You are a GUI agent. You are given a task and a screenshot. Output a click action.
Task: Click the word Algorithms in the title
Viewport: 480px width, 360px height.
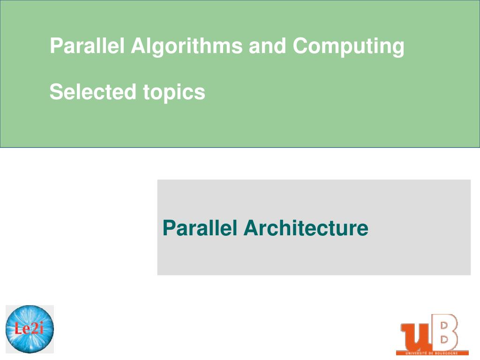click(x=187, y=46)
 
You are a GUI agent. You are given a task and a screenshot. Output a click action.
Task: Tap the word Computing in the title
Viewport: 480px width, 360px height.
click(x=348, y=46)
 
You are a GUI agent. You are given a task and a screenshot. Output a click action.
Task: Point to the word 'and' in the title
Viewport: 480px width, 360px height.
click(x=268, y=46)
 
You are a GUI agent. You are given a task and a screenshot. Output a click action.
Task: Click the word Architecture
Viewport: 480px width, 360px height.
click(x=306, y=228)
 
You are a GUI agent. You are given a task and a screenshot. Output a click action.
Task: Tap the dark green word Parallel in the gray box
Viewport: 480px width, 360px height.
click(x=200, y=228)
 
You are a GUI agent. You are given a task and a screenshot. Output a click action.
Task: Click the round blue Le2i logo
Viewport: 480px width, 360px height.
click(x=30, y=329)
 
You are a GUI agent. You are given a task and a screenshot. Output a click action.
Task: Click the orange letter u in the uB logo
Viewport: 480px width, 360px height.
click(x=415, y=336)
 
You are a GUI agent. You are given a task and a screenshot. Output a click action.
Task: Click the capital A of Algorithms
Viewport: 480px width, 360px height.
click(x=138, y=46)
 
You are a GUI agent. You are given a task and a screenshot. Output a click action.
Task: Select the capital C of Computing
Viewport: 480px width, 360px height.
click(x=300, y=46)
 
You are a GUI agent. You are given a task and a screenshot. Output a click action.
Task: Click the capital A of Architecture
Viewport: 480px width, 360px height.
click(x=251, y=228)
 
